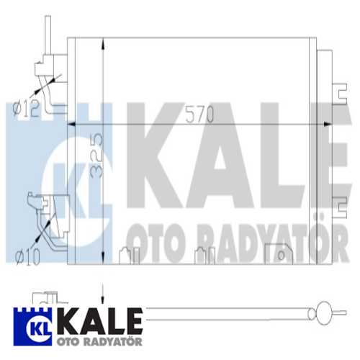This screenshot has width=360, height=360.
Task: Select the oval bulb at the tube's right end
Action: pos(324,313)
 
